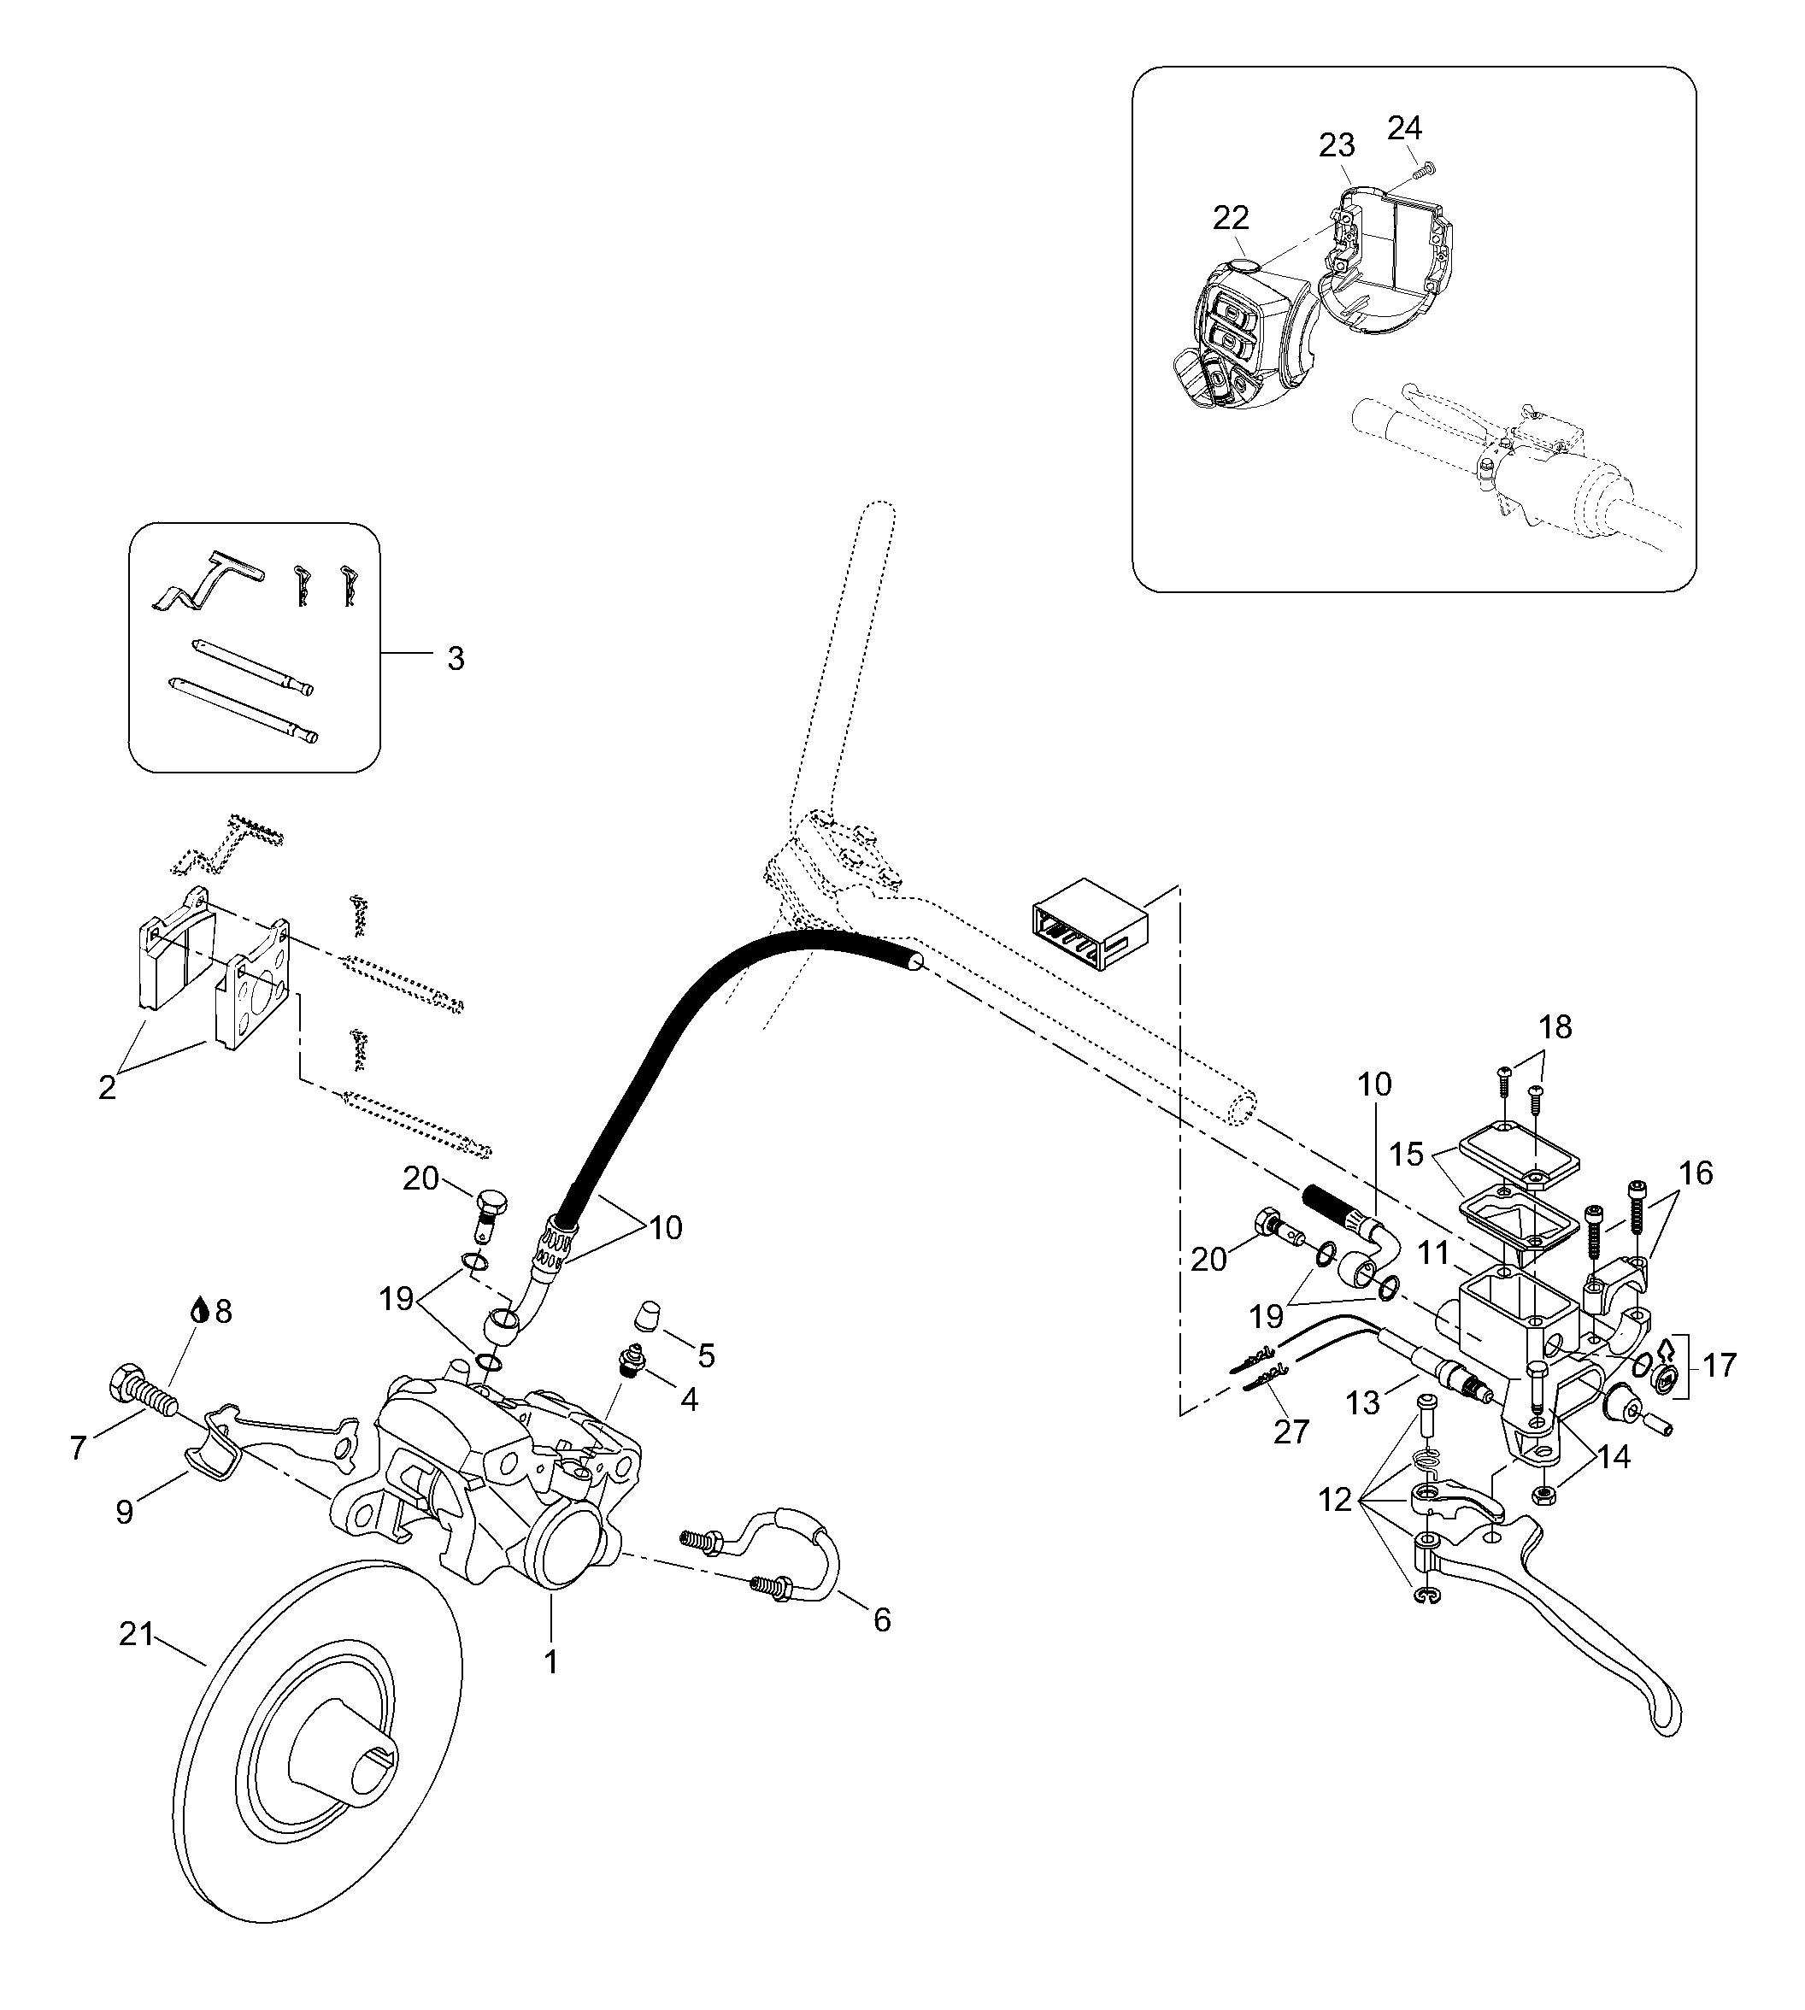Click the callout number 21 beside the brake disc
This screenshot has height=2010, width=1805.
[x=136, y=1633]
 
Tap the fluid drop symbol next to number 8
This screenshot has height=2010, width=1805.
[x=200, y=1311]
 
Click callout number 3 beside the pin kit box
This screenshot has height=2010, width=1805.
[x=456, y=658]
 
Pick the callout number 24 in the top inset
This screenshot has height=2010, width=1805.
[x=1404, y=128]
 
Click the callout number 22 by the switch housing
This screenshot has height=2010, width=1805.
[x=1231, y=217]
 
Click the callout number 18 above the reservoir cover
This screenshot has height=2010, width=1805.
[x=1556, y=1027]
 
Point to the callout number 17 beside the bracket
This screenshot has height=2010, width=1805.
[x=1720, y=1366]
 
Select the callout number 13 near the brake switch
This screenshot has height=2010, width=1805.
[x=1364, y=1403]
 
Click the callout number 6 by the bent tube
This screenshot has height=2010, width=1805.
[x=882, y=1619]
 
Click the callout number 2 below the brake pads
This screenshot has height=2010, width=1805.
[x=106, y=1087]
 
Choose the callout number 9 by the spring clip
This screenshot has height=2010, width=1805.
[x=124, y=1513]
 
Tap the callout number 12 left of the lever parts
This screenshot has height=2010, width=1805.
[x=1336, y=1501]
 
